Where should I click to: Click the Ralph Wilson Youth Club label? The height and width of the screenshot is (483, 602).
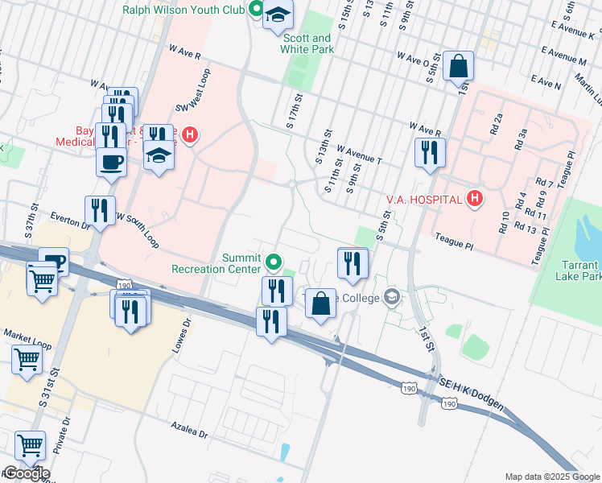(183, 10)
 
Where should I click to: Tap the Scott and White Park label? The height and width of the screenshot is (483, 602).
(305, 43)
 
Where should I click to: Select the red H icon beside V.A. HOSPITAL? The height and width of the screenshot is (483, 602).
(476, 199)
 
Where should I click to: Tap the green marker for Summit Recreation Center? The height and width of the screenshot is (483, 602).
(274, 261)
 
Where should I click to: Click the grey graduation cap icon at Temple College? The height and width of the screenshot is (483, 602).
(392, 297)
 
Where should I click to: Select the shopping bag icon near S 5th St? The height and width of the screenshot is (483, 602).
(458, 68)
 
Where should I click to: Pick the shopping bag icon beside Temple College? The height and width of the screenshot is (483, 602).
(320, 304)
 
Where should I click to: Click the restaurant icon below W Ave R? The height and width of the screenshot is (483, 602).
(430, 151)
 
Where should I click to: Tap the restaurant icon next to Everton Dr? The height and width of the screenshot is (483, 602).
(100, 211)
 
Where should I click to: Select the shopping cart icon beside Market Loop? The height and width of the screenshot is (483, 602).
(27, 360)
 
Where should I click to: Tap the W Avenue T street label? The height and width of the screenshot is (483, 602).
(358, 155)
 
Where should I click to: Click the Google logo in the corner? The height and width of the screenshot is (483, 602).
(27, 473)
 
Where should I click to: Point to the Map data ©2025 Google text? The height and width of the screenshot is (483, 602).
(551, 476)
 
